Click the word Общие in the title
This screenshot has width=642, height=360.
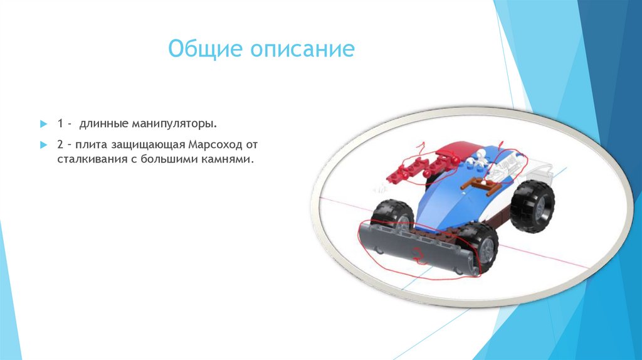(x=206, y=49)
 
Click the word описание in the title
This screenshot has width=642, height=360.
(x=303, y=49)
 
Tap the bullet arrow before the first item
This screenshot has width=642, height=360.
(x=43, y=120)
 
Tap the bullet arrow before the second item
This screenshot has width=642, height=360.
(x=43, y=146)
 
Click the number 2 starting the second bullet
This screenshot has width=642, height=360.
(x=60, y=145)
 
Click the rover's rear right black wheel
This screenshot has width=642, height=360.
(x=532, y=206)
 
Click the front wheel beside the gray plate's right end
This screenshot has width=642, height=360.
(x=481, y=246)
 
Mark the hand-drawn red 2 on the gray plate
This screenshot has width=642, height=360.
(x=416, y=254)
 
